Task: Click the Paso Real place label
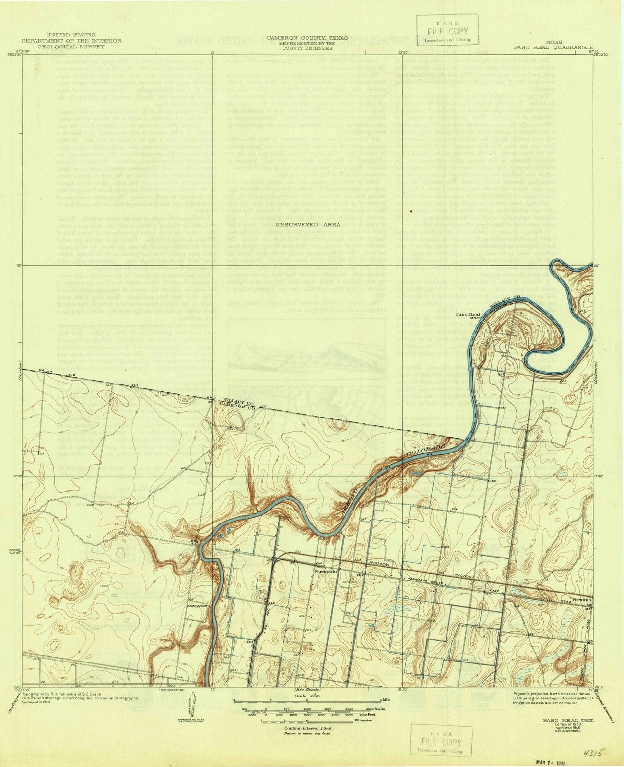pyautogui.click(x=465, y=314)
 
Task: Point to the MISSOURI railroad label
pyautogui.click(x=379, y=565)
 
